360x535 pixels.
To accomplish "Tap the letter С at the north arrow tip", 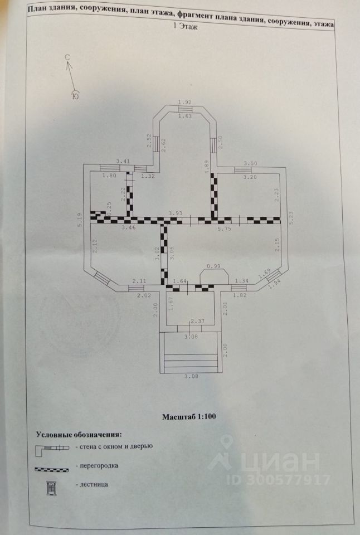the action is pos(67,57).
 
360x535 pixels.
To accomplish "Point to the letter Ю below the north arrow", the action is pos(75,96).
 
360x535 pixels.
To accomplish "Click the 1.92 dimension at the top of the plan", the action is pos(184,101).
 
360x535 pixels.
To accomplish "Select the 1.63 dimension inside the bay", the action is pos(184,115).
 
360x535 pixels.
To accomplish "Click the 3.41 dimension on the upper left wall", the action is pos(123,162).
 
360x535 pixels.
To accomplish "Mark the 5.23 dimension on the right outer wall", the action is pos(291,217).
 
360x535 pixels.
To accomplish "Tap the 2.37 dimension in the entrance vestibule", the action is pos(197,321).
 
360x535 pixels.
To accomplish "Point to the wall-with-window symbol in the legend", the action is pos(52,448).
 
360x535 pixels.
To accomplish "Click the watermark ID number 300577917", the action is pos(286,480).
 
